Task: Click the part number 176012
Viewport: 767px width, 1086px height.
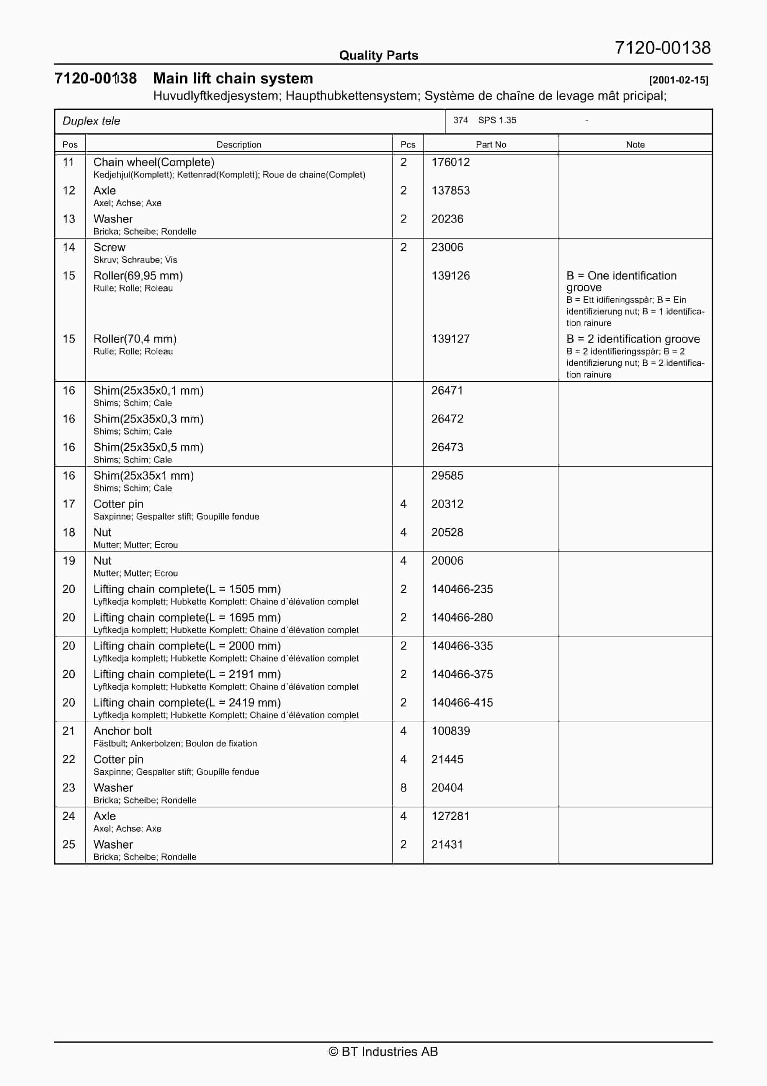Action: coord(450,162)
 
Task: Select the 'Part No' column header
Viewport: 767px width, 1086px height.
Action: coord(490,145)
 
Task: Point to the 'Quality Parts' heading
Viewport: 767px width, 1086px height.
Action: coord(378,55)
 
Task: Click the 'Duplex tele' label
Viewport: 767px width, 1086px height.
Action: coord(91,121)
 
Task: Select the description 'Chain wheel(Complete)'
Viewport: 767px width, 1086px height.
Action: coord(154,162)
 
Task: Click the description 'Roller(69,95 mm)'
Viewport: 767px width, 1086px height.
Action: coord(138,276)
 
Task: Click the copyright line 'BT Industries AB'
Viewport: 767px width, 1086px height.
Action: coord(383,1051)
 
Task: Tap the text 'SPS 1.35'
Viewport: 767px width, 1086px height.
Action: coord(497,120)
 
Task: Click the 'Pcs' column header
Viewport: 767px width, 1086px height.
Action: coord(408,145)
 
